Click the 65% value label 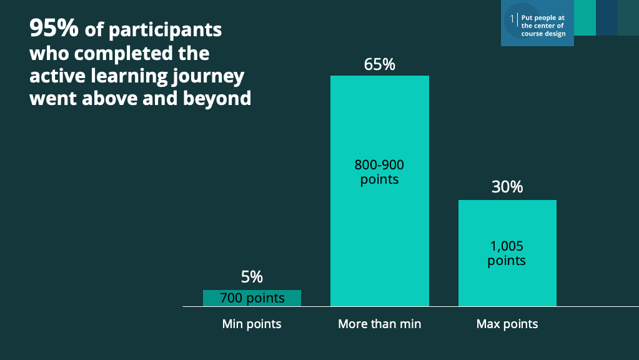380,64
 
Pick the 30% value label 507,187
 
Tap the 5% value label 252,277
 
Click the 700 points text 252,298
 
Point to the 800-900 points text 380,172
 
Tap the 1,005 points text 507,253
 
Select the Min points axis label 252,324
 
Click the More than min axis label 380,324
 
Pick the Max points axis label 507,324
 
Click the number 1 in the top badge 512,19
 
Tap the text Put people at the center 543,26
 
